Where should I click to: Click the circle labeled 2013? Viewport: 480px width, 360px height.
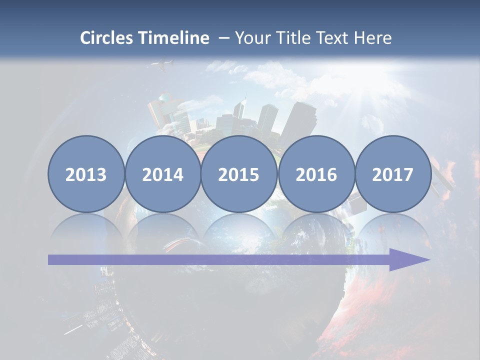tap(86, 174)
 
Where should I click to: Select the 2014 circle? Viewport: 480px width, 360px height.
tap(162, 174)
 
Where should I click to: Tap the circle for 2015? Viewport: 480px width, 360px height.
tap(239, 174)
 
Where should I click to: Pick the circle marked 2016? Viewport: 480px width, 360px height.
tap(316, 174)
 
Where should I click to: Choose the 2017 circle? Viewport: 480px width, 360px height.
tap(393, 174)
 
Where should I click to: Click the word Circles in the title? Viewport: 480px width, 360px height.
tap(107, 38)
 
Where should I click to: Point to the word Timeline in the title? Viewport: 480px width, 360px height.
tap(174, 38)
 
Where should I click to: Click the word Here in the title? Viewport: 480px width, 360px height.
tap(373, 38)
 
